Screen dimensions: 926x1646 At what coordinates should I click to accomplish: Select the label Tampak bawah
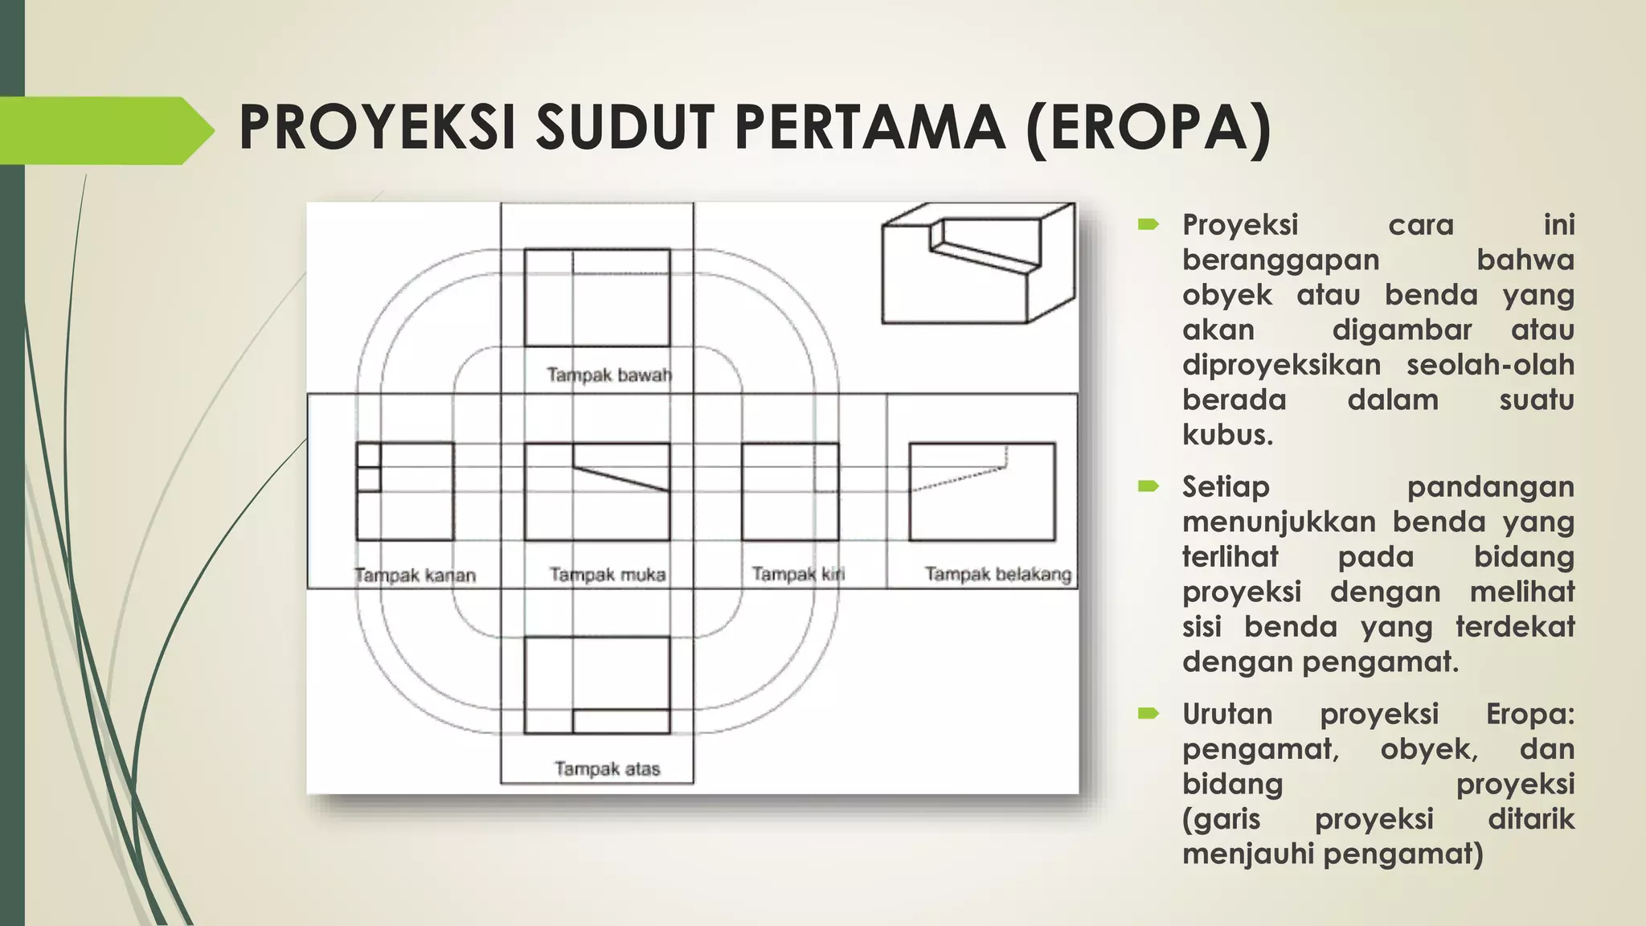coord(608,375)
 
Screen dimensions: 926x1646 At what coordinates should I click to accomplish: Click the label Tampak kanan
coord(415,576)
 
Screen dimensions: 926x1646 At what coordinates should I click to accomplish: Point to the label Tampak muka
coord(608,575)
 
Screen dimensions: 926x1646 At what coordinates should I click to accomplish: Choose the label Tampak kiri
coord(798,574)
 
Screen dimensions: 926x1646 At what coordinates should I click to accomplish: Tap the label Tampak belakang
coord(997,574)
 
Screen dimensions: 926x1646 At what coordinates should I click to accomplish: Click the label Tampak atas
coord(607,769)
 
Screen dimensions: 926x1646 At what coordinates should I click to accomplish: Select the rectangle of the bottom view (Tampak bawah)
coord(596,297)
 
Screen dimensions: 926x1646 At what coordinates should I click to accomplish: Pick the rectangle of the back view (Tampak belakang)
coord(981,491)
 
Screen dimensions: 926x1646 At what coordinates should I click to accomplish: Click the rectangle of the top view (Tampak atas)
coord(596,685)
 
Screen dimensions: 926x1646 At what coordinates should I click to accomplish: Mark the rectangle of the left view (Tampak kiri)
coord(789,491)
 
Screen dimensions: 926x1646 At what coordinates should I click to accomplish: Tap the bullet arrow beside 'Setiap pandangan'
coord(1148,486)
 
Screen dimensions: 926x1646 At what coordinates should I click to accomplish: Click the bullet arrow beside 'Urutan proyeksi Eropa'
coord(1148,713)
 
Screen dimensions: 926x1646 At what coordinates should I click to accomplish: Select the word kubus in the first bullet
coord(1227,435)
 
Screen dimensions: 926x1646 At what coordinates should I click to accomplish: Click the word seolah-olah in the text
coord(1490,365)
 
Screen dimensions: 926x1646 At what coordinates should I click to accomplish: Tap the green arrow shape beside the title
coord(109,130)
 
